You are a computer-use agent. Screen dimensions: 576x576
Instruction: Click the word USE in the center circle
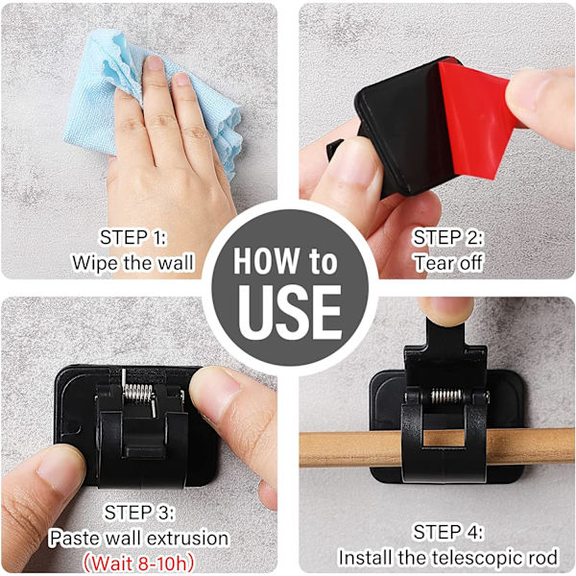[290, 312]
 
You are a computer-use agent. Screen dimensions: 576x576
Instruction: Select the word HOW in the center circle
[266, 261]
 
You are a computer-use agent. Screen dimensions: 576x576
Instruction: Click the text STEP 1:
[132, 237]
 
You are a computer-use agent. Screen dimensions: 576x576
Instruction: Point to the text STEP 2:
[447, 237]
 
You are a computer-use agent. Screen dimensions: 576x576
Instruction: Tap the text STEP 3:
[139, 513]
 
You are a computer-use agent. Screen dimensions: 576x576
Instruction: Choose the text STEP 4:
[447, 532]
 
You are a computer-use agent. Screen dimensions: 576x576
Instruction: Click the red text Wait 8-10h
[138, 563]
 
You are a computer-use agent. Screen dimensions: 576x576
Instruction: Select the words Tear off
[448, 263]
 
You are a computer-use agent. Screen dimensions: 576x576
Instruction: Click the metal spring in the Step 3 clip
[138, 394]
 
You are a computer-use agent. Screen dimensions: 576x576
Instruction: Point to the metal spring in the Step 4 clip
[446, 396]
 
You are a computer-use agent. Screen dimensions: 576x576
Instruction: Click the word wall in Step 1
[176, 263]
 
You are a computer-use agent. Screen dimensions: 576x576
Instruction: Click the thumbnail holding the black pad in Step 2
[352, 161]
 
